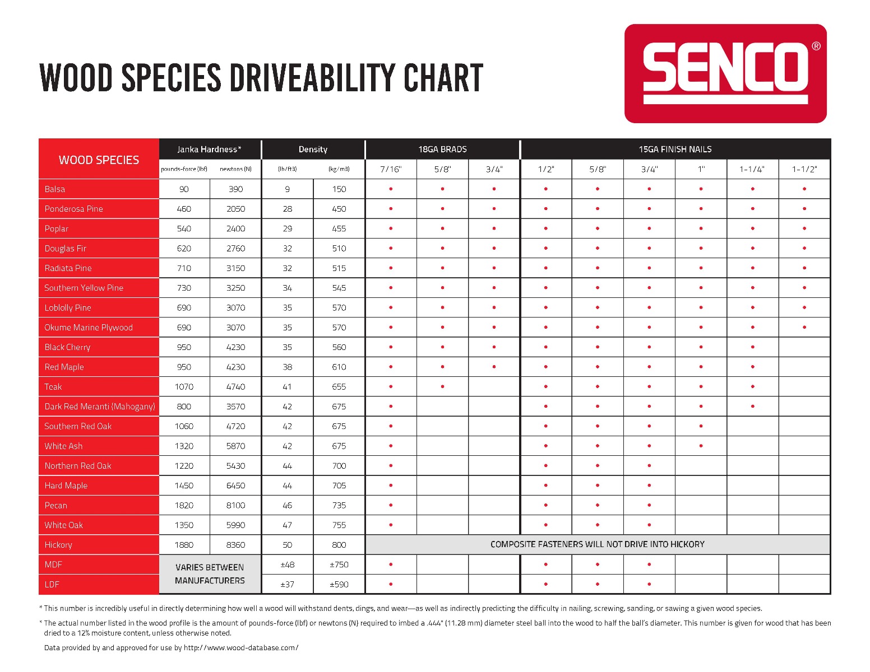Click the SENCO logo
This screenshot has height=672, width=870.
pos(725,73)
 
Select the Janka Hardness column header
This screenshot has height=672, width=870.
pos(209,149)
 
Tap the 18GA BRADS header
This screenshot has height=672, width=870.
pos(442,149)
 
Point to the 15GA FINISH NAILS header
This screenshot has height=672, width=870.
pos(675,149)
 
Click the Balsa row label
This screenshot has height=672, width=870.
pos(55,189)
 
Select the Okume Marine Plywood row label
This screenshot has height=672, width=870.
pos(89,328)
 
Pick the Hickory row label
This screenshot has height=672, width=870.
pos(58,545)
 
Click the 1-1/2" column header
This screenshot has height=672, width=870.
pos(804,169)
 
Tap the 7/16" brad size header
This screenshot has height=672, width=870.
pos(390,169)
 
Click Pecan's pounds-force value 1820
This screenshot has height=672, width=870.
pos(184,505)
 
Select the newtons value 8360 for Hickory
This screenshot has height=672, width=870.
pos(235,545)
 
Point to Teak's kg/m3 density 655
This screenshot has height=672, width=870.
pos(339,386)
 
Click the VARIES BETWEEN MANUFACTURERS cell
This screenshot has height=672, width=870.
pos(210,573)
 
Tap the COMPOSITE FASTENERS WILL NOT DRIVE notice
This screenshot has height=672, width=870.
pos(598,544)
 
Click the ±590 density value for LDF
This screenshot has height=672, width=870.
pos(339,585)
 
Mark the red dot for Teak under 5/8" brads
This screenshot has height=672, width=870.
pos(442,386)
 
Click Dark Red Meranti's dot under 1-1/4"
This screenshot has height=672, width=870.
pos(753,406)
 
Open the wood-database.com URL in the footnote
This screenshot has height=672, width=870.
pos(241,647)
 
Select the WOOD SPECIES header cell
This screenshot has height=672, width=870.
pos(99,160)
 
